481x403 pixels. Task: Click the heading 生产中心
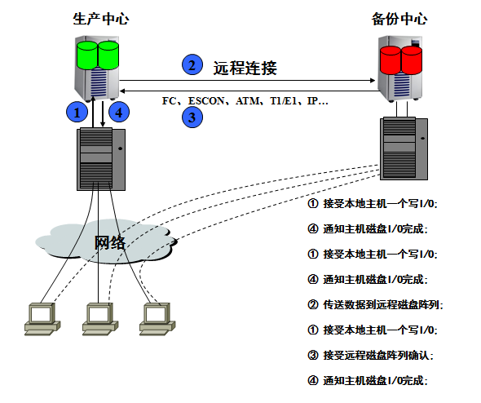[x=100, y=19]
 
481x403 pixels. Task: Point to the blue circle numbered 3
[x=191, y=117]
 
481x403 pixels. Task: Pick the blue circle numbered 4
[x=119, y=112]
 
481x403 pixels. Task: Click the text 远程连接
[x=245, y=68]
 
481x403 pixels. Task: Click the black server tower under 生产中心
[x=100, y=158]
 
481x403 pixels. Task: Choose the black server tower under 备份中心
[x=402, y=144]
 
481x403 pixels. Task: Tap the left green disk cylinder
[x=87, y=55]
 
